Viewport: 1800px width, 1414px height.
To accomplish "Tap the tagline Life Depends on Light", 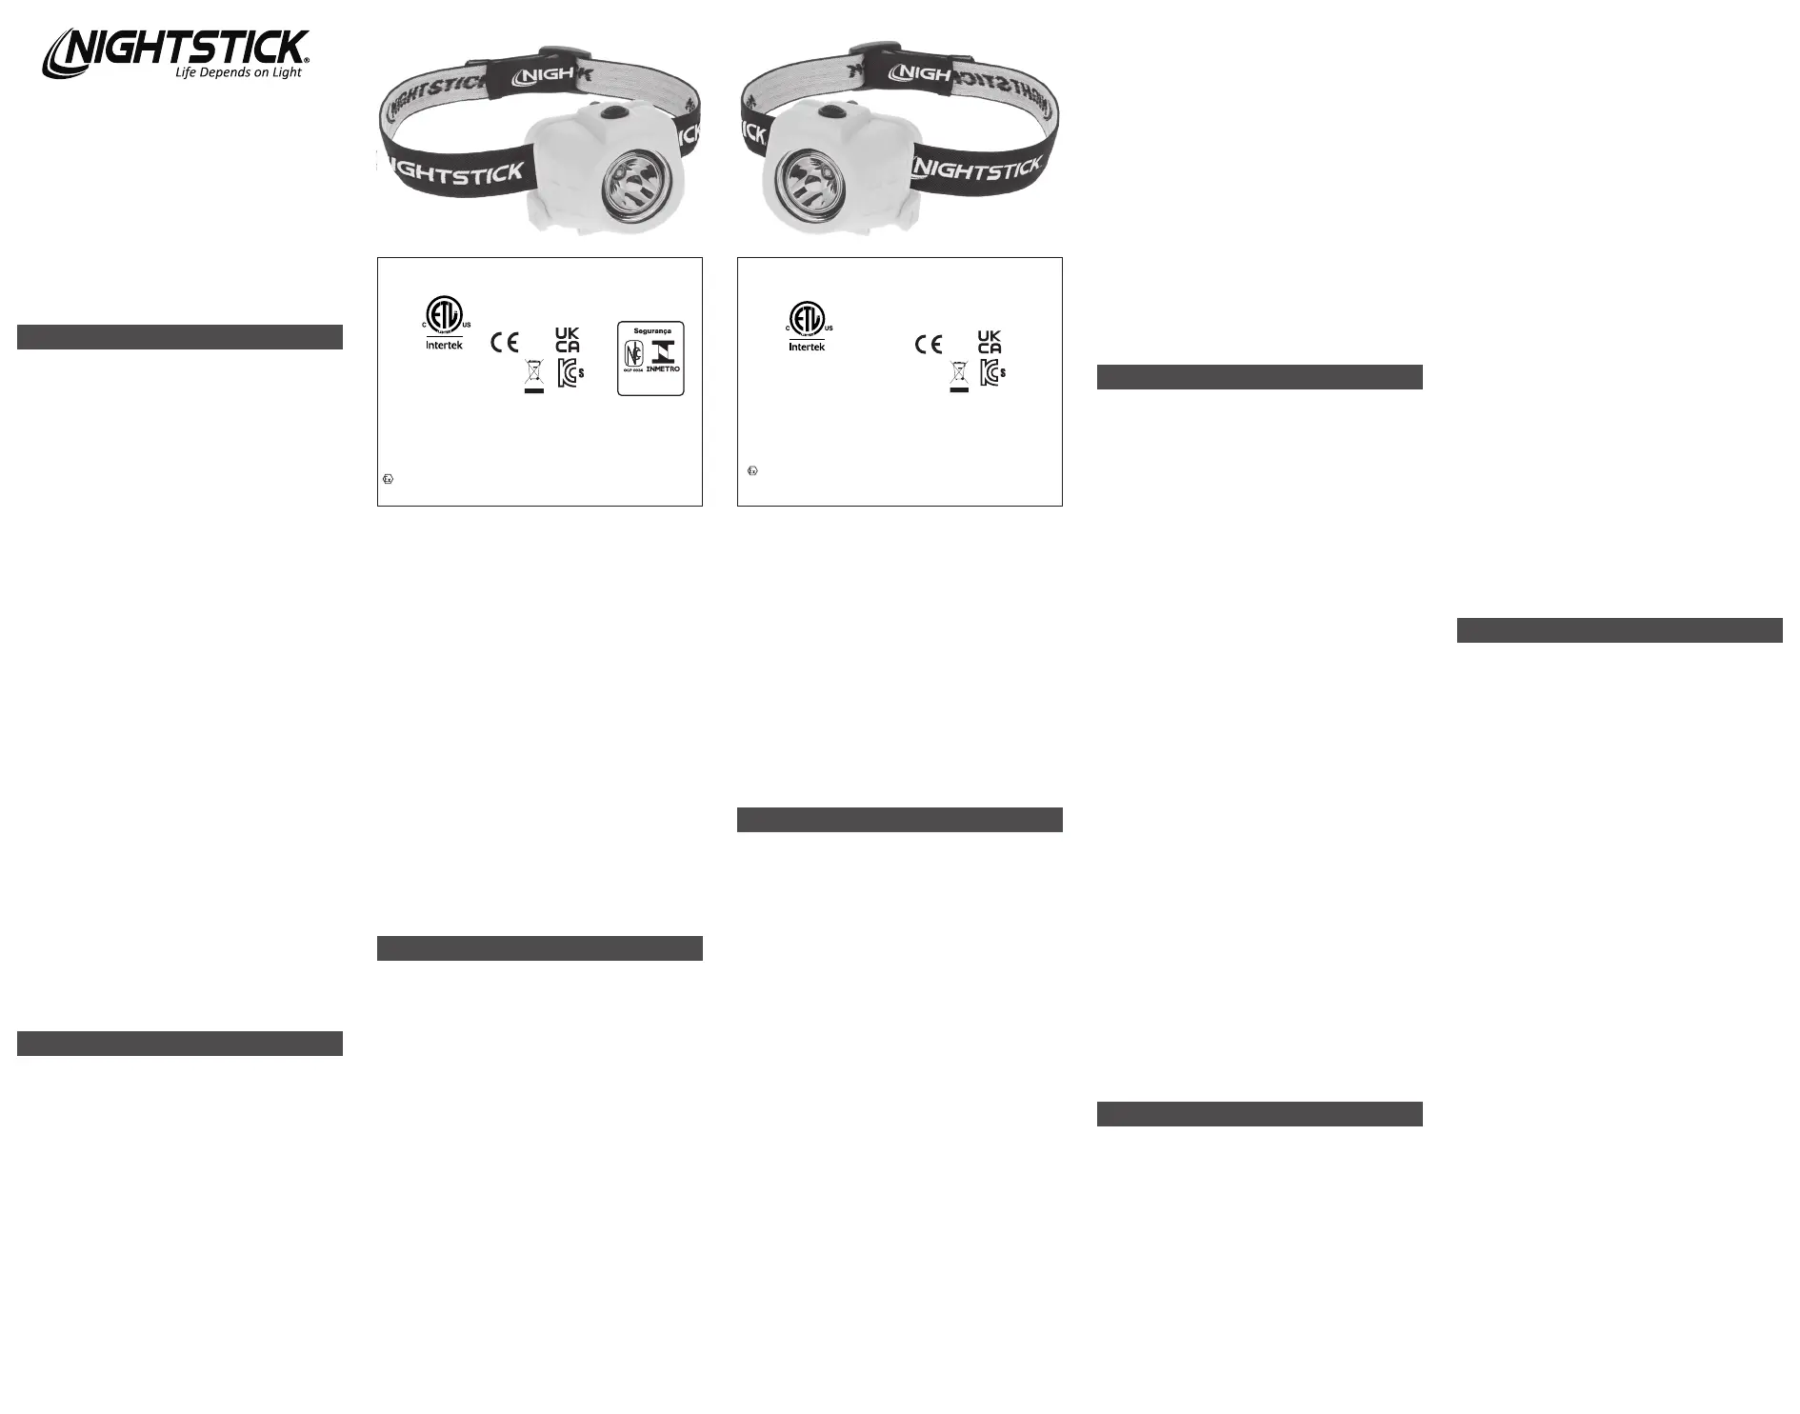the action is point(238,72).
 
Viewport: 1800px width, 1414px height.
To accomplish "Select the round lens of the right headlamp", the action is point(803,181).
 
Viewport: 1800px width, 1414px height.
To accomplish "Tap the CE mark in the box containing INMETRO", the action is point(504,342).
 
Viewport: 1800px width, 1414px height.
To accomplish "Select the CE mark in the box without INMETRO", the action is point(929,345).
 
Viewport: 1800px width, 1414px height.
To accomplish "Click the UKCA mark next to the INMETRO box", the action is point(567,340).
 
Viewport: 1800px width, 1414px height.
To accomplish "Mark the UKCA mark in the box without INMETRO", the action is point(990,342).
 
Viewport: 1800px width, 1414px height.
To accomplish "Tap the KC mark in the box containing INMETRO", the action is point(570,372).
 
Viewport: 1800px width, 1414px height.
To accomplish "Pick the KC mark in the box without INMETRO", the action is point(992,373).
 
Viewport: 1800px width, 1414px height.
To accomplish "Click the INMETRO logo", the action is point(663,357).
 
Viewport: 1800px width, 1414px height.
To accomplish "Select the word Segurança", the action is point(652,330).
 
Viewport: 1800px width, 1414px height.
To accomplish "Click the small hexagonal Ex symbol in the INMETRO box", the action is point(388,479).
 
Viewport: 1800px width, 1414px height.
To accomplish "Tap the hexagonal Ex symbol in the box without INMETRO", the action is point(752,470).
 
